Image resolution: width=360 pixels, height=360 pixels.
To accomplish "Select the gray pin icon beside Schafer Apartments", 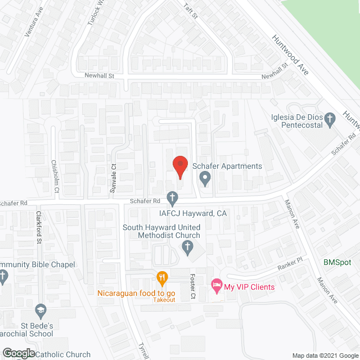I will coord(205,179).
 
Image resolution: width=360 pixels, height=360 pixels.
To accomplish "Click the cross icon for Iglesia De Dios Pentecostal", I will coord(330,119).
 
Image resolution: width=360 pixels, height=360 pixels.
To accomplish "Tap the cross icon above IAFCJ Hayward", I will coord(173,198).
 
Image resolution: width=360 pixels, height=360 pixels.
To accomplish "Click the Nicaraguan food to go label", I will coord(137,292).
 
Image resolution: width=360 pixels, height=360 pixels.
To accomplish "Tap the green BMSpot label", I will coord(337,262).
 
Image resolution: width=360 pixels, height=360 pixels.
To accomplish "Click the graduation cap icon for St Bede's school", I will coord(40,310).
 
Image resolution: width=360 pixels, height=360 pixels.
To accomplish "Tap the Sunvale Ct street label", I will coord(112,174).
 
